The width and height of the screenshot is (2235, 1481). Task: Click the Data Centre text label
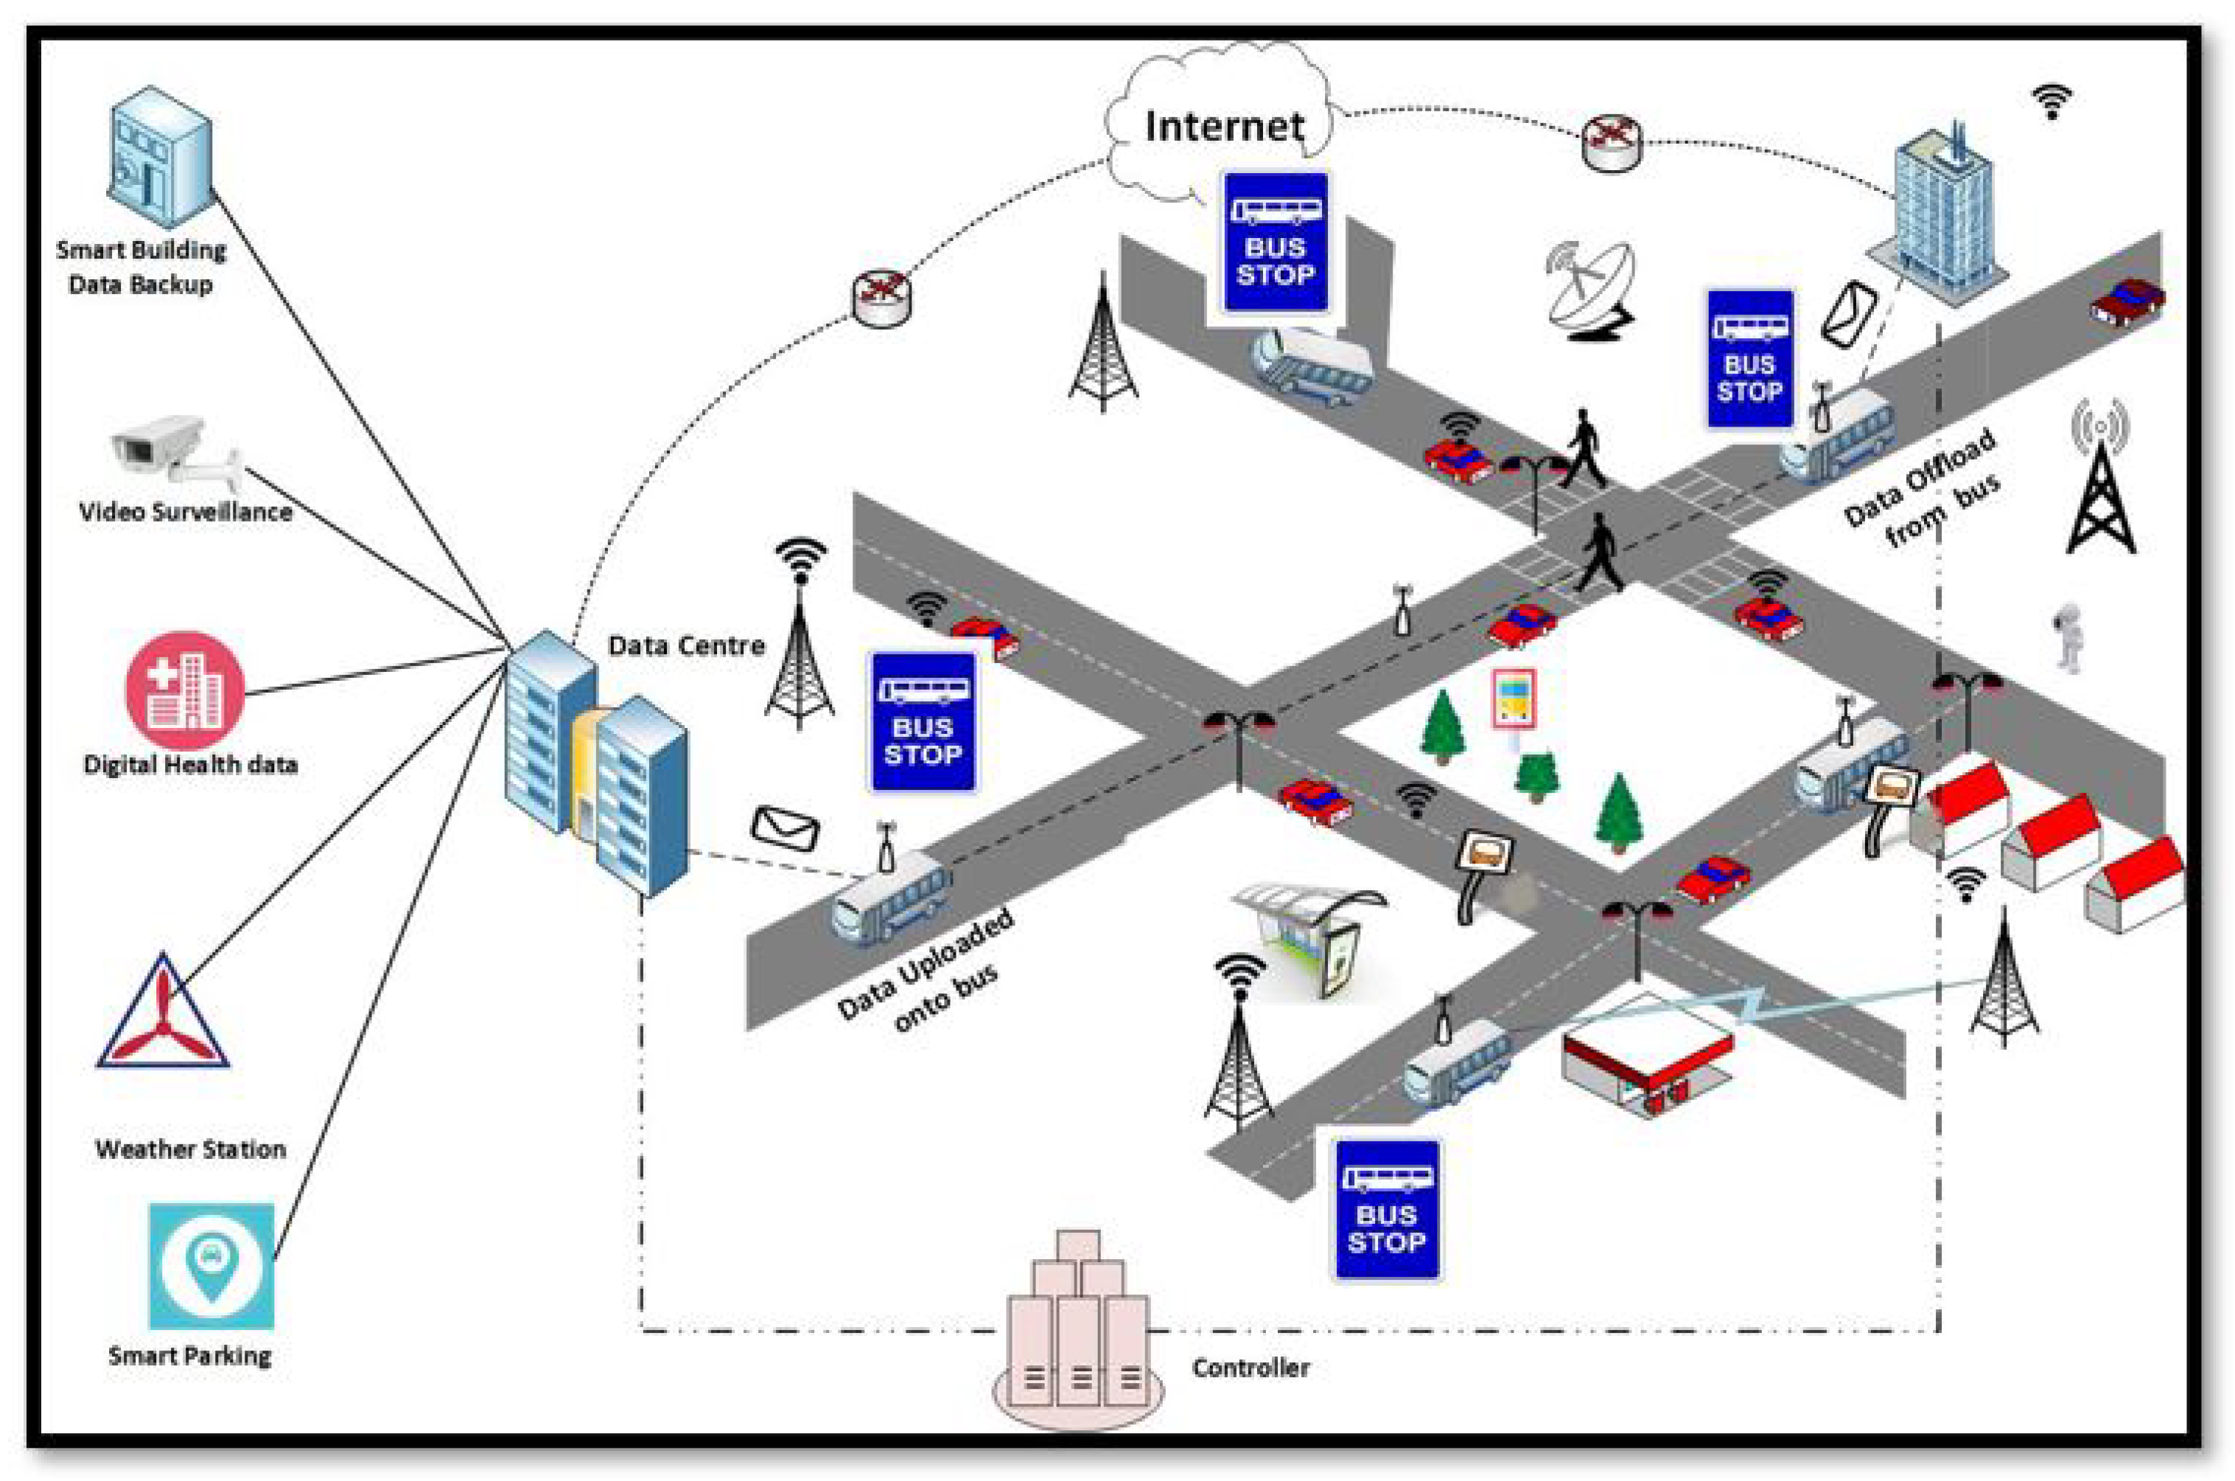pos(686,646)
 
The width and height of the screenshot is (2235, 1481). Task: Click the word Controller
pos(1251,1368)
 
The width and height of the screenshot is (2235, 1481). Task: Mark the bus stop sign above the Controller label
pos(1386,1210)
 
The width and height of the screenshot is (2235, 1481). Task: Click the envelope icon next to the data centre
pos(785,828)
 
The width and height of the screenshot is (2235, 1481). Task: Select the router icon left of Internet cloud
pos(881,298)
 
